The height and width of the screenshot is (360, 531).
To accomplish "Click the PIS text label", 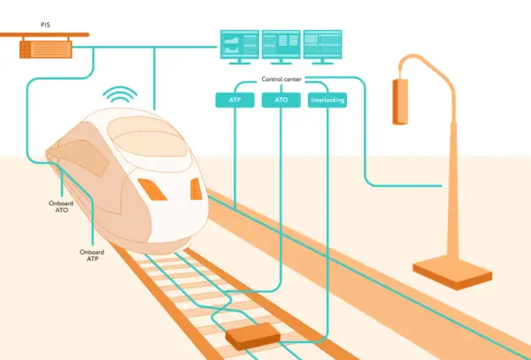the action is coord(45,25).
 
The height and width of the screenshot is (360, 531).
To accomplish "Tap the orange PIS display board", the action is coord(46,50).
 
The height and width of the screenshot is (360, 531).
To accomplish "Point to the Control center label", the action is coord(281,80).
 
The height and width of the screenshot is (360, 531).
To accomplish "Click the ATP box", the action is coord(235,100).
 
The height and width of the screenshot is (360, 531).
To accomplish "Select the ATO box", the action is coord(281,100).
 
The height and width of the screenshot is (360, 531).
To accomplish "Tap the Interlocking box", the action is coord(327,100).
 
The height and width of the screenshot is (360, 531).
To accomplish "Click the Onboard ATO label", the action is coord(61,206).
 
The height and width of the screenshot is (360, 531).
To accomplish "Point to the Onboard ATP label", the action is coord(92,256).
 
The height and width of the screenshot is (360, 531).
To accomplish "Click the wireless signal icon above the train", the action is coord(120,95).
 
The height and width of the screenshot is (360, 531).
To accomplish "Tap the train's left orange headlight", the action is coord(152,189).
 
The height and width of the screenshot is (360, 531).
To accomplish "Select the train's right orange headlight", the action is coord(196,188).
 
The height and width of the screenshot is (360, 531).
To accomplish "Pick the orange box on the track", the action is coord(253,336).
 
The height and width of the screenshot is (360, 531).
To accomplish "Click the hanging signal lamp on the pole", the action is coord(400,102).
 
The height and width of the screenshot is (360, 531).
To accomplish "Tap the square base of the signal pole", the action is coord(452,272).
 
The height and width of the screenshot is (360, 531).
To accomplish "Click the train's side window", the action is coord(84,157).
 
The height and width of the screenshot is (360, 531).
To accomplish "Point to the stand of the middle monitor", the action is coord(281,62).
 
